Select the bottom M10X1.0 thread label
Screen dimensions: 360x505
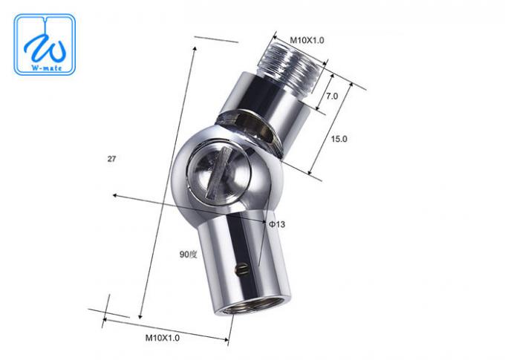click(163, 337)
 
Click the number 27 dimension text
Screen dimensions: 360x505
click(111, 158)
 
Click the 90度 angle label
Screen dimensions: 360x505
click(187, 254)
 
